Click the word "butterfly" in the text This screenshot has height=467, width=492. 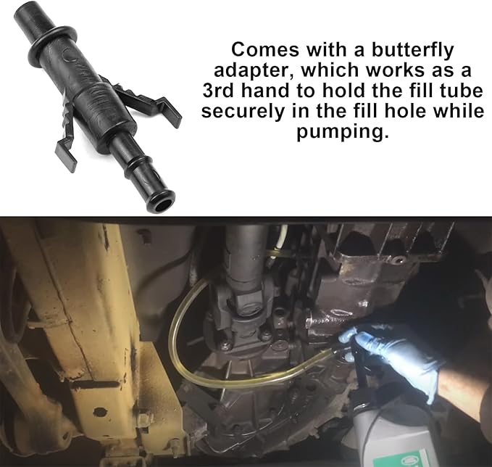pyautogui.click(x=412, y=50)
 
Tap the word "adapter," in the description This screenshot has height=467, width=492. pyautogui.click(x=251, y=71)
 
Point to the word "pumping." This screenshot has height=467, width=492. pyautogui.click(x=343, y=132)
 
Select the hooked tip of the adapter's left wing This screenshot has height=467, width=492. pyautogui.click(x=66, y=153)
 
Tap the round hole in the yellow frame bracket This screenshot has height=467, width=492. pyautogui.click(x=99, y=411)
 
